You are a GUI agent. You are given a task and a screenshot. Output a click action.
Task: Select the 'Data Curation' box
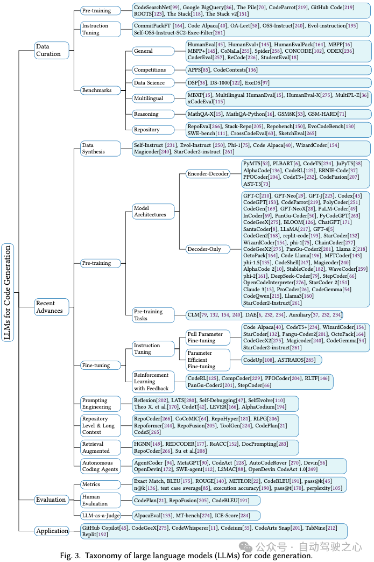pos(48,50)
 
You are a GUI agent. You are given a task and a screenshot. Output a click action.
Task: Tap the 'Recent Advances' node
pos(50,307)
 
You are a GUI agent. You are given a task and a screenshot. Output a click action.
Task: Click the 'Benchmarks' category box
pos(97,90)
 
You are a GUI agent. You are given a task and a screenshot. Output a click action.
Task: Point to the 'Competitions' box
pos(150,70)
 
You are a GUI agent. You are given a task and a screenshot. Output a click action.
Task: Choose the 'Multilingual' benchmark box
pos(149,99)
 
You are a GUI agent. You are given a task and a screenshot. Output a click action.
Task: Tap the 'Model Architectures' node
pos(153,211)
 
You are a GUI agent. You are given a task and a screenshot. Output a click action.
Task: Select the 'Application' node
pos(52,531)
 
